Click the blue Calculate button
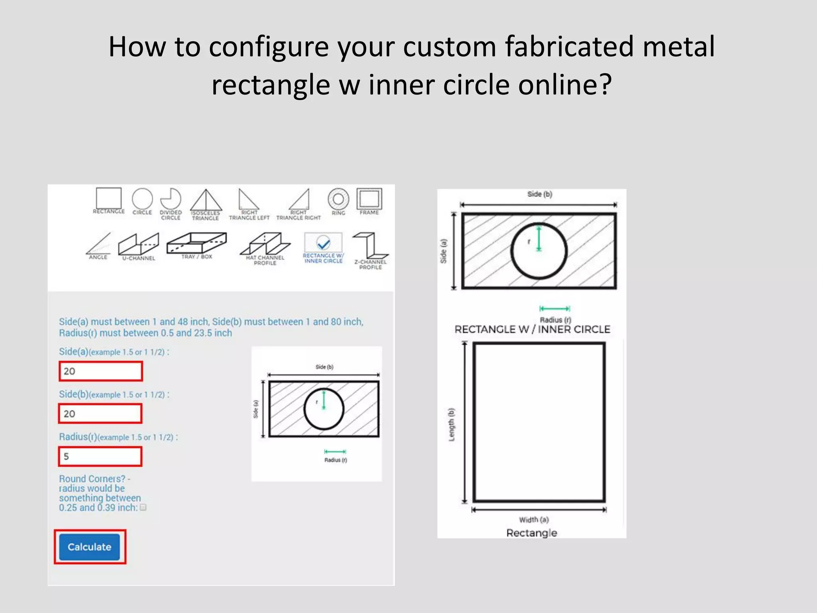89,547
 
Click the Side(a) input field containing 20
101,371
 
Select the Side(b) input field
101,413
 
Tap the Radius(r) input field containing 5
101,456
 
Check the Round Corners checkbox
144,507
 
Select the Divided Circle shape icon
171,199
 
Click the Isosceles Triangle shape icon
206,200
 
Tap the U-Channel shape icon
138,244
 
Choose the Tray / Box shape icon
197,243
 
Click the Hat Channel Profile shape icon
265,244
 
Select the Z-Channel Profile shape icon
370,245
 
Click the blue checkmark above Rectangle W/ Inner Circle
323,242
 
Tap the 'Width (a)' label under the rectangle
534,520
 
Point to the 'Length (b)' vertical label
451,425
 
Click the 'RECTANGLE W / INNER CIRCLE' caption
532,330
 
